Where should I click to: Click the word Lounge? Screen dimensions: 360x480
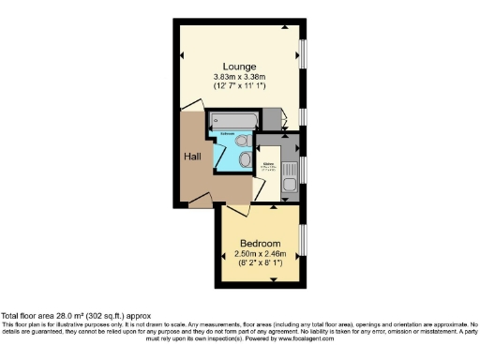tap(240, 65)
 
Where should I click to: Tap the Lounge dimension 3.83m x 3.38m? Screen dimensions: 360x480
tap(240, 76)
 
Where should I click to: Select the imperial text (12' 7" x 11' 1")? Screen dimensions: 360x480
tap(240, 86)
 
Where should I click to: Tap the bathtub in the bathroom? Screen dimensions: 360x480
tap(235, 121)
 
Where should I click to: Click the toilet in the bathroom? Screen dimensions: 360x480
tap(243, 142)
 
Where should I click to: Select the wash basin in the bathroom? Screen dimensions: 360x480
tap(243, 162)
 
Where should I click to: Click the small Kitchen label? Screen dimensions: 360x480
tap(268, 167)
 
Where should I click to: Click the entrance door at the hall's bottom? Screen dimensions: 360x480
tap(200, 199)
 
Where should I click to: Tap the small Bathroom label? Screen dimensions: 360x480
tap(228, 135)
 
